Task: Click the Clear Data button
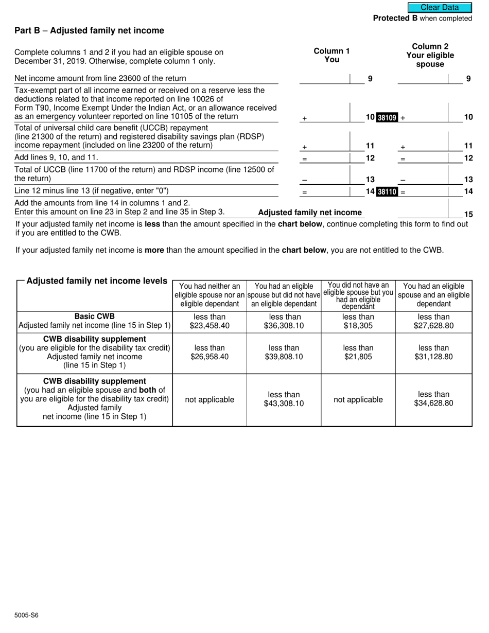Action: click(440, 7)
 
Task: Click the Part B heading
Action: click(89, 31)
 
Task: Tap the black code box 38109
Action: click(387, 117)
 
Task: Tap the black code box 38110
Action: click(387, 192)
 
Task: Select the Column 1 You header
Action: click(331, 55)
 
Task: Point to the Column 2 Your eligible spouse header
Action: click(430, 55)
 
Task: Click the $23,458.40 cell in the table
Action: click(209, 322)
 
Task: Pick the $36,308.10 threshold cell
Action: click(284, 322)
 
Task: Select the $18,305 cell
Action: click(358, 322)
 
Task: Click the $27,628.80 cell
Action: click(433, 322)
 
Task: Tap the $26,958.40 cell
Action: click(209, 353)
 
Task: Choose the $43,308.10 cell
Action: click(284, 399)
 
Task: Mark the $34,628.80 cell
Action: click(433, 399)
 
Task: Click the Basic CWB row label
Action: click(95, 316)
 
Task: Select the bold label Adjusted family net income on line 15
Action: click(310, 213)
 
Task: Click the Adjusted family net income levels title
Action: click(97, 281)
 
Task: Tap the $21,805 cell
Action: click(358, 353)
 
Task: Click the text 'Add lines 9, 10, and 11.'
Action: click(56, 157)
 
